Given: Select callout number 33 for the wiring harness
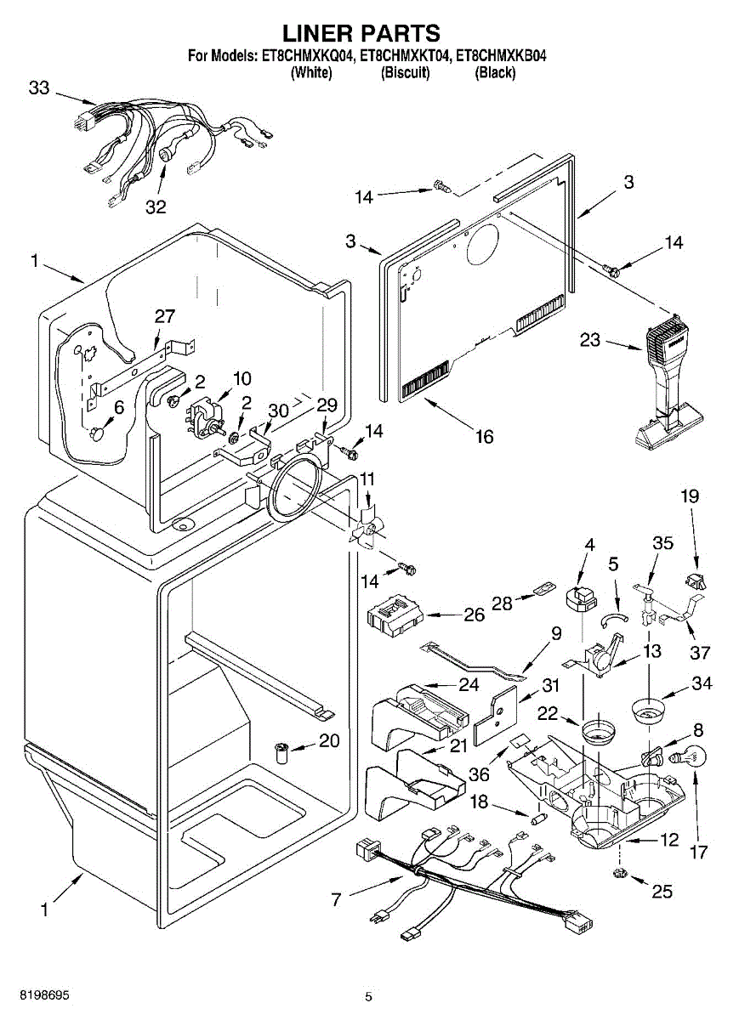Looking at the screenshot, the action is pos(39,88).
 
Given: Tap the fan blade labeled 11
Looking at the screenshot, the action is pos(367,524).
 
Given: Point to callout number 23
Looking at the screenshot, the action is pos(590,340).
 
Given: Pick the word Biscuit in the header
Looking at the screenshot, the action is pos(405,72).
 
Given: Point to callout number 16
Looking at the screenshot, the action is pos(485,437).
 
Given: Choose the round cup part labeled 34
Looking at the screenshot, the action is pos(648,712).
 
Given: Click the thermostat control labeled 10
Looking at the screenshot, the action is pos(206,419).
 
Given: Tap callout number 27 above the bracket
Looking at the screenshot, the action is pos(164,316).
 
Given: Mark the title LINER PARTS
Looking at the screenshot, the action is pos(361,33).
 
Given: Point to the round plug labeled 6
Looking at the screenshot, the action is pos(97,434).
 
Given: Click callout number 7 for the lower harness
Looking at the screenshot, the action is pos(336,900).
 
